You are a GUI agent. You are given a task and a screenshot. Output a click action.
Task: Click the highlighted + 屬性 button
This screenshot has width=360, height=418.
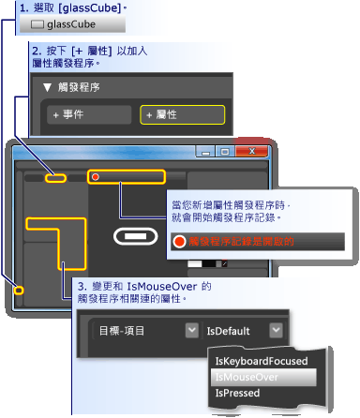coord(183,115)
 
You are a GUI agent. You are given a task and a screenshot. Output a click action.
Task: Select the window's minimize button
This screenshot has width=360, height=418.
coord(203,150)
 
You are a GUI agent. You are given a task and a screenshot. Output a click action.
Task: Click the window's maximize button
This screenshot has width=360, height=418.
coord(224,150)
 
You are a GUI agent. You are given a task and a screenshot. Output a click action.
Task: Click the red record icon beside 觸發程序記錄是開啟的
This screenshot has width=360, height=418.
coord(179,241)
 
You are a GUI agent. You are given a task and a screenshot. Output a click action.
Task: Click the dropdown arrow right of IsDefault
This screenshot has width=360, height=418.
coord(274,330)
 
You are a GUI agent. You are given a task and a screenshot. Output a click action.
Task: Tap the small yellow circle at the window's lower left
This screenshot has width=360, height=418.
coord(18,291)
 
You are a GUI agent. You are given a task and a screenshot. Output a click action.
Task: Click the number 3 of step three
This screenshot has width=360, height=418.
coord(82,284)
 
